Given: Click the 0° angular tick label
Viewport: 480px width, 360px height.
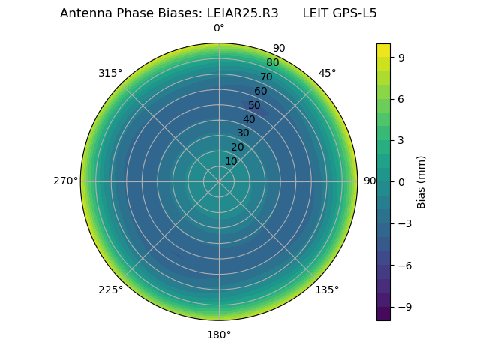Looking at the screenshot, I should tap(219, 28).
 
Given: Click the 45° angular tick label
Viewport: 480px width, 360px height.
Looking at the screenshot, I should tap(327, 73).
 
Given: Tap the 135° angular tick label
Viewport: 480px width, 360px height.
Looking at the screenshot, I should tap(327, 289).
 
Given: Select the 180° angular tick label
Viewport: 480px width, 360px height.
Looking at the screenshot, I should tap(219, 334).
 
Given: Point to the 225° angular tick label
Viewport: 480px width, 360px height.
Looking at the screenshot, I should tap(110, 289).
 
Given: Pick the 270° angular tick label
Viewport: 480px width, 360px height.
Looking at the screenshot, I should tap(66, 181).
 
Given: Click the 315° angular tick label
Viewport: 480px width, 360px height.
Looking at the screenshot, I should tap(110, 73).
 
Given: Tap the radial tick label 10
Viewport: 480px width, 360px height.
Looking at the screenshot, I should tap(231, 161).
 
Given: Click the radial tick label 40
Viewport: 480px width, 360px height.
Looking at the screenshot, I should tap(249, 119).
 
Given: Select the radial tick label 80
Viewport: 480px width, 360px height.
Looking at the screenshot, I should tap(272, 63).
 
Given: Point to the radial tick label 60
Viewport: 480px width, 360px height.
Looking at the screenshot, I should tap(260, 91).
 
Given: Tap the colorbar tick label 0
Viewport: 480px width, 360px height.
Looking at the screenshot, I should tap(402, 181).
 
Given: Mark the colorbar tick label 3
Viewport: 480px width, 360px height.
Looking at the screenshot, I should tap(402, 140).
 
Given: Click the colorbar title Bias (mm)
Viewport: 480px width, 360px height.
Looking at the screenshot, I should tap(421, 181).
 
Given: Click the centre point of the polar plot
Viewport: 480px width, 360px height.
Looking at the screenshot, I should tap(219, 181).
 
